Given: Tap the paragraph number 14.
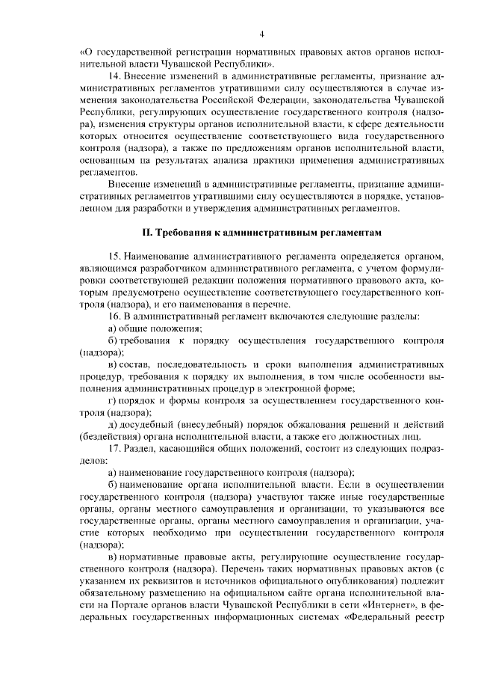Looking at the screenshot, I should [114, 77].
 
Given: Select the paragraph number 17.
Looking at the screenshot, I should [114, 448].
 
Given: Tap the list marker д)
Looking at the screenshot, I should [113, 424].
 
